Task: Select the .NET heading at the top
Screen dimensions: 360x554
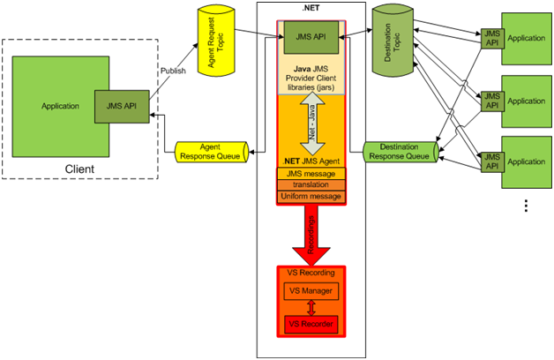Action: [311, 8]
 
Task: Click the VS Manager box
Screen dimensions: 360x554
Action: [311, 289]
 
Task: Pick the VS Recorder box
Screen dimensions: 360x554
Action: [311, 324]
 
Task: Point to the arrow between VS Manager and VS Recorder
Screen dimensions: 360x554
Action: [311, 307]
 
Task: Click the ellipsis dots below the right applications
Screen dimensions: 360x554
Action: [527, 206]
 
